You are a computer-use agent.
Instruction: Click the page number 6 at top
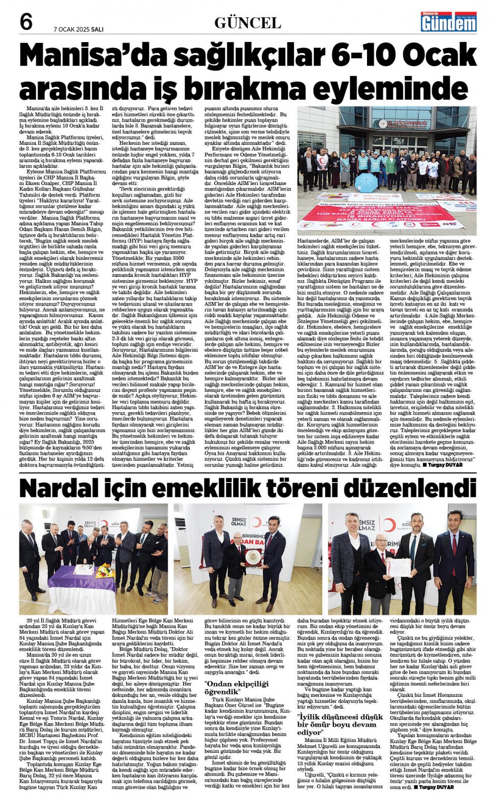(26, 23)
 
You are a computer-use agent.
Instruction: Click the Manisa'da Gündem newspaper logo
(448, 22)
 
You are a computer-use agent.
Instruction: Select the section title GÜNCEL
(248, 23)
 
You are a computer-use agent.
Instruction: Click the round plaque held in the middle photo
(254, 558)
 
